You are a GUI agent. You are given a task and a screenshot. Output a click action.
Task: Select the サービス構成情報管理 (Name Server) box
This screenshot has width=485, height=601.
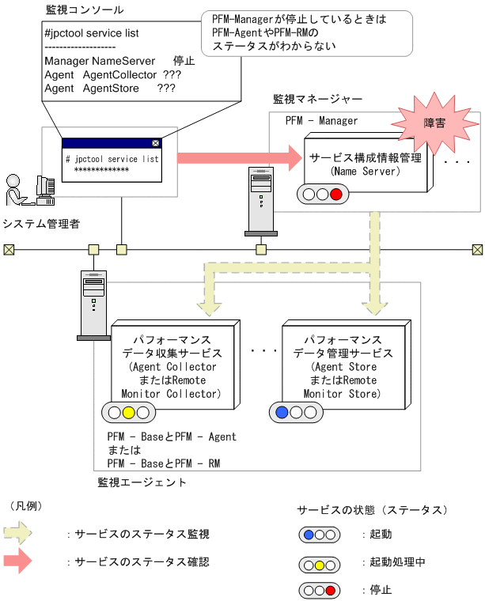(x=365, y=164)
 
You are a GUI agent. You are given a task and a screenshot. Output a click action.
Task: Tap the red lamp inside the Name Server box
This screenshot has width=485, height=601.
(x=335, y=195)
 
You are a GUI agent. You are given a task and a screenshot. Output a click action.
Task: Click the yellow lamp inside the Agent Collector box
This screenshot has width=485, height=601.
(x=128, y=412)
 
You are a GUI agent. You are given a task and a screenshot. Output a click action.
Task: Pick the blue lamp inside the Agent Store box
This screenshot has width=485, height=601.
(x=283, y=412)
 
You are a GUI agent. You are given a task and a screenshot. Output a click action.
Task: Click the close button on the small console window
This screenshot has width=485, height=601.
(x=155, y=143)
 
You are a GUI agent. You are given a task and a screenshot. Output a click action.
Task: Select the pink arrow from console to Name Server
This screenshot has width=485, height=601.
(x=237, y=158)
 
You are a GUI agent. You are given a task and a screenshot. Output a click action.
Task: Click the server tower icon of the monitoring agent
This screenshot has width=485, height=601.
(x=93, y=304)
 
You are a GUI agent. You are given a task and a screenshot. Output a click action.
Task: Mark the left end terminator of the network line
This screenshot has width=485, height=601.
(x=9, y=250)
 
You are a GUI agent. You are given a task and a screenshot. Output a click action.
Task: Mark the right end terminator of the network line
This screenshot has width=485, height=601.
(x=477, y=250)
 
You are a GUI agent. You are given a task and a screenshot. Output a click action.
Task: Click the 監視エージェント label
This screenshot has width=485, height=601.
(x=142, y=482)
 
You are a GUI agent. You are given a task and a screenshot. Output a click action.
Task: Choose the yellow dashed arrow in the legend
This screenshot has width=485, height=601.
(x=19, y=535)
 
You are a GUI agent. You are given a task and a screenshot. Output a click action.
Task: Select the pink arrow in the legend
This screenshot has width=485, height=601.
(x=19, y=561)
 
